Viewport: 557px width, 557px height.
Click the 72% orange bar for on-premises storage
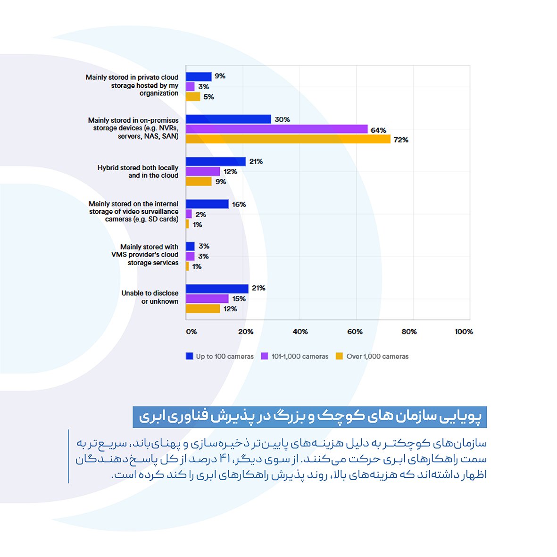tap(288, 139)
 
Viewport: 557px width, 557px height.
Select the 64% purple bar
tap(276, 129)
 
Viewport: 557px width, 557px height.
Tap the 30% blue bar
tap(228, 119)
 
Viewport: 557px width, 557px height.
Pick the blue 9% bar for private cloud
tap(199, 76)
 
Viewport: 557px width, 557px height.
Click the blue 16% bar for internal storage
tap(207, 204)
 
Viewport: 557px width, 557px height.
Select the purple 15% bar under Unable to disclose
tap(207, 299)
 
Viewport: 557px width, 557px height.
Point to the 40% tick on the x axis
tap(300, 332)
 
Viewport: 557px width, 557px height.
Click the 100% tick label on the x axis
tap(463, 332)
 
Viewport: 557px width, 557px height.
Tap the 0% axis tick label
tap(191, 332)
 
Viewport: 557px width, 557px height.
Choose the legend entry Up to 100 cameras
tap(224, 357)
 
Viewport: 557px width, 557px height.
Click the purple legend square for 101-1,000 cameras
tap(265, 356)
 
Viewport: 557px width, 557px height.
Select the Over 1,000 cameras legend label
tap(377, 357)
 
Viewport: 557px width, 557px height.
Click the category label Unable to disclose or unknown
tap(150, 297)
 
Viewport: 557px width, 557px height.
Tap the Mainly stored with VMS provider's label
tap(145, 255)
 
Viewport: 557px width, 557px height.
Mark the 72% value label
tap(401, 140)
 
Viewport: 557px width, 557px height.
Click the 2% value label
tap(200, 215)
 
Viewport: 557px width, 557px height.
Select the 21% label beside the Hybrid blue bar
tap(256, 161)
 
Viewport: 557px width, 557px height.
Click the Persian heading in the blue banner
tap(309, 417)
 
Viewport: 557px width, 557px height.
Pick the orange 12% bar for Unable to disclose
tap(203, 309)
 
